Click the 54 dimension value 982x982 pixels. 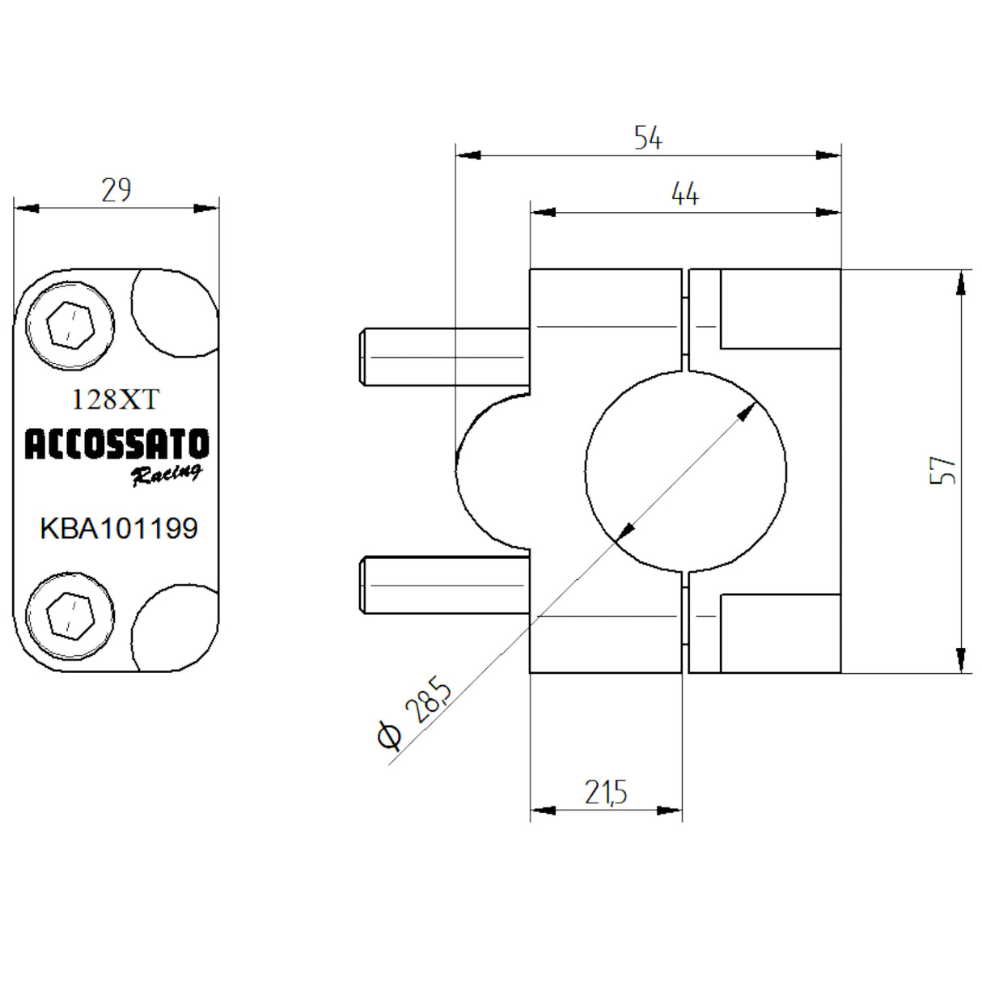point(648,138)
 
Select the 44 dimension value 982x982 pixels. point(684,194)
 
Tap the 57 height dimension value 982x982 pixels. point(943,470)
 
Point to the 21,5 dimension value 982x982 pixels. point(606,793)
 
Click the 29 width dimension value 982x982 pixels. point(116,190)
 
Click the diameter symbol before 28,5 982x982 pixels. point(389,735)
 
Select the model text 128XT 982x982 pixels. point(116,399)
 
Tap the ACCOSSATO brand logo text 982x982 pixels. point(116,444)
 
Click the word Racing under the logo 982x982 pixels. point(167,475)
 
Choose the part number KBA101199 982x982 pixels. point(119,528)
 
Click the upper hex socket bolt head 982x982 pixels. point(70,326)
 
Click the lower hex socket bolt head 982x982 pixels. point(70,616)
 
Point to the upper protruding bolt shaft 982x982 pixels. point(444,357)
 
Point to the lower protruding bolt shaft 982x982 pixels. point(444,585)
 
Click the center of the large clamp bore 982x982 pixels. point(685,471)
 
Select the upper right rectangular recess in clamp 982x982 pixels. point(780,309)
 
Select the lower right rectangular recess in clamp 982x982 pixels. point(780,633)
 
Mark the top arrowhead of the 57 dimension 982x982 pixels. point(960,283)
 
